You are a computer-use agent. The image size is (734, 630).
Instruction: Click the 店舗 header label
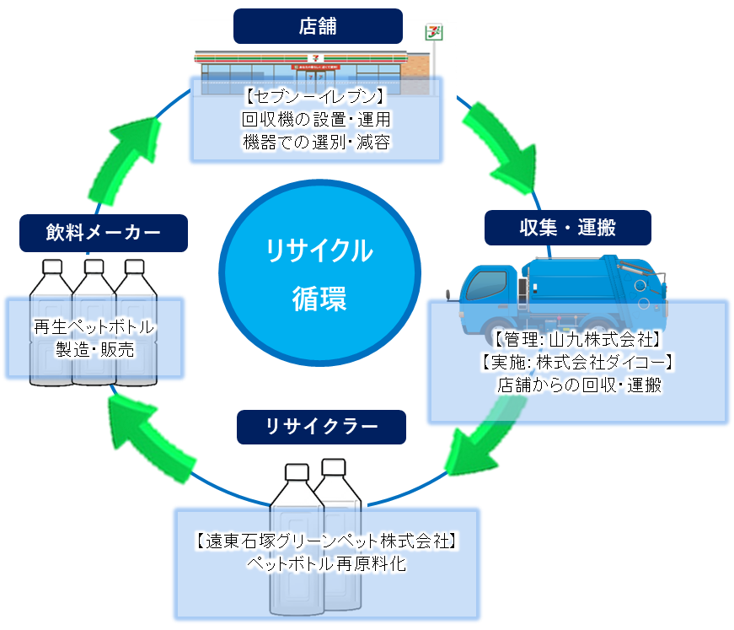coord(318,26)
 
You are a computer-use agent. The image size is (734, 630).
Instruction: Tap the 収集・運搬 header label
coord(567,228)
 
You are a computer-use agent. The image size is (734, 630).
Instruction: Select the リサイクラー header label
coord(321,427)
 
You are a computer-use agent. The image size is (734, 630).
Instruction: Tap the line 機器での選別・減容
coord(316,142)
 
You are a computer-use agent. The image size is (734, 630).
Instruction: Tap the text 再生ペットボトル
coord(94,326)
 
